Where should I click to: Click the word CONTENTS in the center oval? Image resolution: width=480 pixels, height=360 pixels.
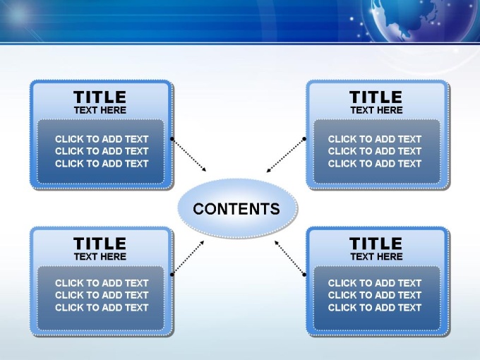tap(236, 209)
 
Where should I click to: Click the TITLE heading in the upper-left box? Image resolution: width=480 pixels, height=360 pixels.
tap(100, 97)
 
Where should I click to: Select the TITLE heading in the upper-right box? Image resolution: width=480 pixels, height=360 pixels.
tap(376, 97)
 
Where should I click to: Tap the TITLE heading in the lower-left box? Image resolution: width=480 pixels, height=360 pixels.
tap(100, 244)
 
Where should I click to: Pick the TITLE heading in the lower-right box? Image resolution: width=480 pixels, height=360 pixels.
tap(376, 244)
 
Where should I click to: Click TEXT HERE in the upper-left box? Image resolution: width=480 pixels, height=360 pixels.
tap(100, 110)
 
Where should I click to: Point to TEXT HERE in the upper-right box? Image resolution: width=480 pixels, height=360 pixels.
tap(376, 110)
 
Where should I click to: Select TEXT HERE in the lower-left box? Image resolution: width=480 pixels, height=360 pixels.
tap(100, 256)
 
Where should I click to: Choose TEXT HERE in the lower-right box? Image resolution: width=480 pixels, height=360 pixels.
tap(376, 256)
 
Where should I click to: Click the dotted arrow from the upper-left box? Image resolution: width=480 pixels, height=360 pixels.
tap(189, 155)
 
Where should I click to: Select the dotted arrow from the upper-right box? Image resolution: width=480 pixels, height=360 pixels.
tap(286, 155)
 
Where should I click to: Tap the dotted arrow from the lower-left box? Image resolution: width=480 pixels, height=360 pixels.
tap(188, 258)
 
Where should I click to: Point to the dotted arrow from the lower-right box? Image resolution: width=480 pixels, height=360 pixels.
tap(290, 258)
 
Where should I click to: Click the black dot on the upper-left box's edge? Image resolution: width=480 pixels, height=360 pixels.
tap(172, 139)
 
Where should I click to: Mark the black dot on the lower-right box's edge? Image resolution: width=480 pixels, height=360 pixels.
tap(304, 275)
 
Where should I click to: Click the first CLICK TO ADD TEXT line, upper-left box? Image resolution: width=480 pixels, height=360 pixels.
tap(102, 139)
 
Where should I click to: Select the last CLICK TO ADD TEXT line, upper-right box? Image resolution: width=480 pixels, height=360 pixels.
tap(375, 164)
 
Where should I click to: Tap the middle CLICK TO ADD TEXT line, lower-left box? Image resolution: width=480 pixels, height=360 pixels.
tap(102, 295)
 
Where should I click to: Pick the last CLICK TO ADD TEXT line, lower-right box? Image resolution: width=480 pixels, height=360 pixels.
tap(375, 308)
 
